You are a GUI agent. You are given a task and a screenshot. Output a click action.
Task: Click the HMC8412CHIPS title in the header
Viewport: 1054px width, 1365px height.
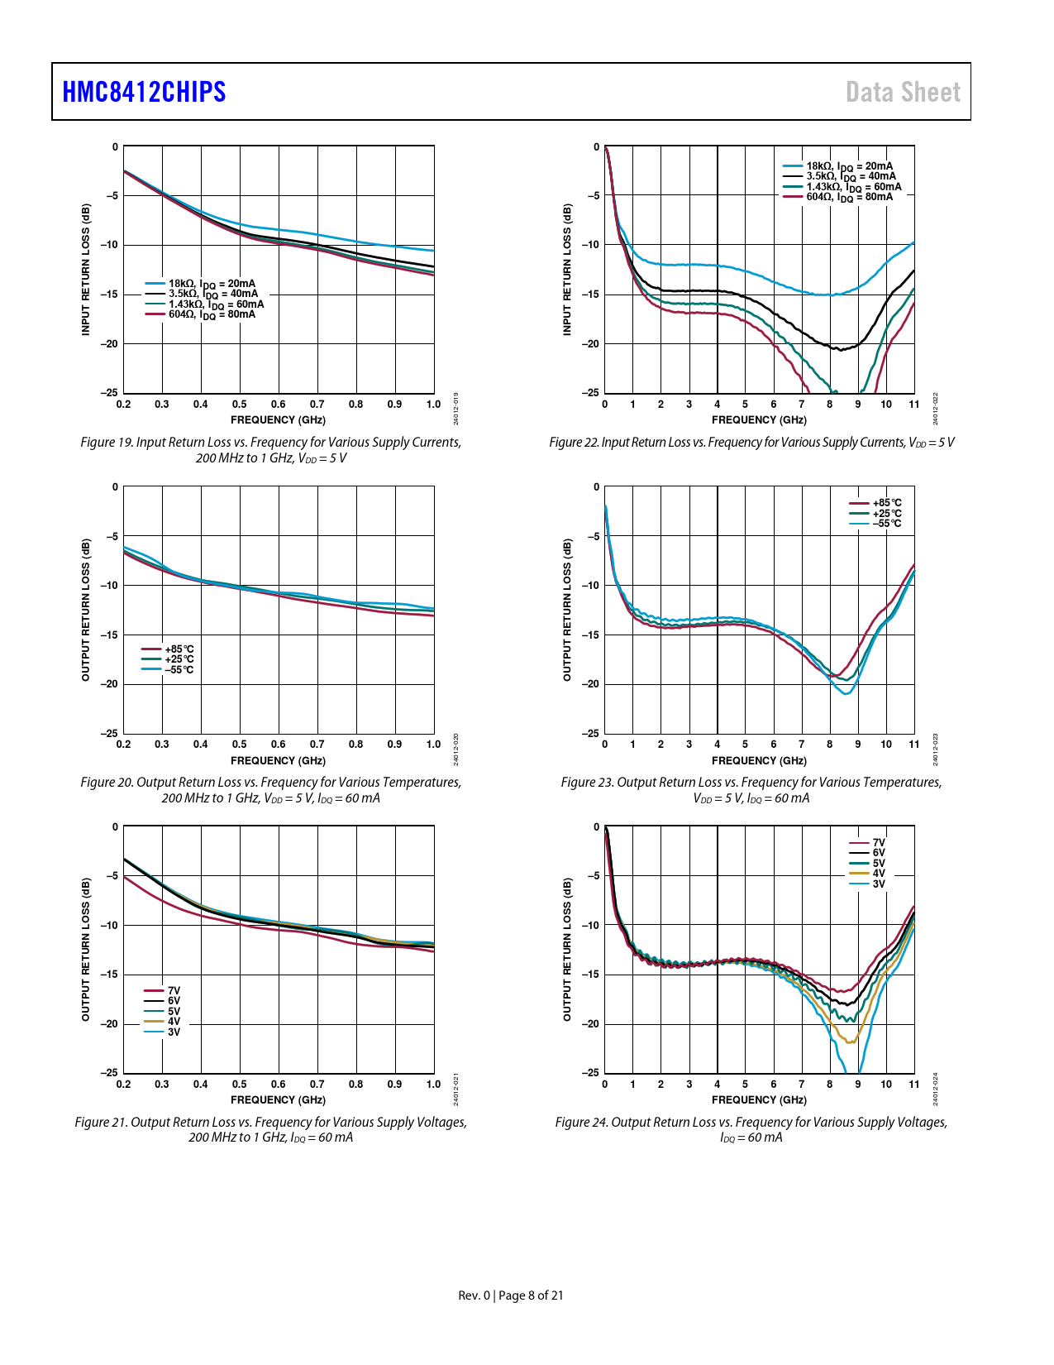tap(145, 92)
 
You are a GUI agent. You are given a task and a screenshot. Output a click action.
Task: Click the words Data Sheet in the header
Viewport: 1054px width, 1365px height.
tap(903, 92)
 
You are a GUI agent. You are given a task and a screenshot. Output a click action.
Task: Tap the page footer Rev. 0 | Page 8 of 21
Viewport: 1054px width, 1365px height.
tap(511, 1296)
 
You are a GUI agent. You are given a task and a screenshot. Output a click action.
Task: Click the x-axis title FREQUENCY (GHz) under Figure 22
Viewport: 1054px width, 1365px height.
tap(759, 420)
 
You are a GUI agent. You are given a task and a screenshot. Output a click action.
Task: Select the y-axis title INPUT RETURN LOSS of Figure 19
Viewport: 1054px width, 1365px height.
tap(86, 270)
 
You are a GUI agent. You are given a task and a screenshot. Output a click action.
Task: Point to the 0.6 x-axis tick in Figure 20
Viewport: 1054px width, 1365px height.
tap(279, 745)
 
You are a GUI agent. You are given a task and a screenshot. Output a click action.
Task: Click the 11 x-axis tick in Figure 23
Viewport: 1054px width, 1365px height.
tap(914, 745)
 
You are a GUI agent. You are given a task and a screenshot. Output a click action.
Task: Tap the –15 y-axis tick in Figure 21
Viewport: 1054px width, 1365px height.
tap(110, 975)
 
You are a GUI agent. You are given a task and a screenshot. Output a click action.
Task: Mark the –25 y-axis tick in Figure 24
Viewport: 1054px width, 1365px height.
tap(591, 1073)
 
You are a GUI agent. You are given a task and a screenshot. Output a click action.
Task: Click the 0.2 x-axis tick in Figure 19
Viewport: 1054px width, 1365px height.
tap(124, 405)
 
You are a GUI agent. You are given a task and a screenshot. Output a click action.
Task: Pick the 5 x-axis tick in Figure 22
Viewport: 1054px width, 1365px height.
tap(746, 405)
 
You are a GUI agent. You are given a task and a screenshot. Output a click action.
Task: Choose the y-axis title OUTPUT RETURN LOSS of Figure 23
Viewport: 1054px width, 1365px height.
tap(567, 610)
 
